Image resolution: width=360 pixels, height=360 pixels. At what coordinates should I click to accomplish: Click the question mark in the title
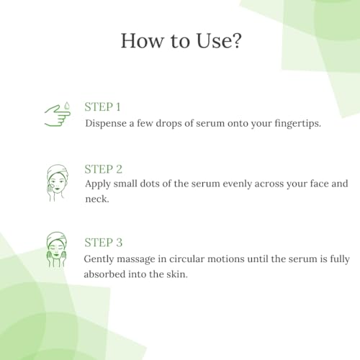tap(235, 40)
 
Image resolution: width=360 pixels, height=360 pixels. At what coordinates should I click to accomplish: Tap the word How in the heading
tap(142, 40)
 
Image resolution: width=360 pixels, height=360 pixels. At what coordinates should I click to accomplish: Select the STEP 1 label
tap(102, 107)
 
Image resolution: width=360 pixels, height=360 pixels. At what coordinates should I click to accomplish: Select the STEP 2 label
tap(104, 169)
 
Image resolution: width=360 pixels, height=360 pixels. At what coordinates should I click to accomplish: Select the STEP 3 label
tap(104, 243)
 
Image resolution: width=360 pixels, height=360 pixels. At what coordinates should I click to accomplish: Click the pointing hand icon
tap(58, 116)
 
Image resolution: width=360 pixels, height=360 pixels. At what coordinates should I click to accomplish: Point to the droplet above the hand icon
tap(67, 106)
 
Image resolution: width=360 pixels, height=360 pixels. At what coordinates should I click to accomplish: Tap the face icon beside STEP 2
tap(57, 183)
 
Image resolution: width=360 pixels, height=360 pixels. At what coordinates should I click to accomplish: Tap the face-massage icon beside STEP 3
tap(57, 250)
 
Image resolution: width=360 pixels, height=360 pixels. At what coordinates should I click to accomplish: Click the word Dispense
tap(106, 124)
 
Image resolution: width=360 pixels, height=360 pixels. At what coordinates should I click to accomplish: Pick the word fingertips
tap(297, 124)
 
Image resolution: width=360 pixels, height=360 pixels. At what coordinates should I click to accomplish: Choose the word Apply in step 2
tap(98, 184)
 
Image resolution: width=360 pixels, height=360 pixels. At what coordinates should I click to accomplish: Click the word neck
tap(97, 199)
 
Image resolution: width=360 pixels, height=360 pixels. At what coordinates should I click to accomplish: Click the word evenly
tap(237, 184)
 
